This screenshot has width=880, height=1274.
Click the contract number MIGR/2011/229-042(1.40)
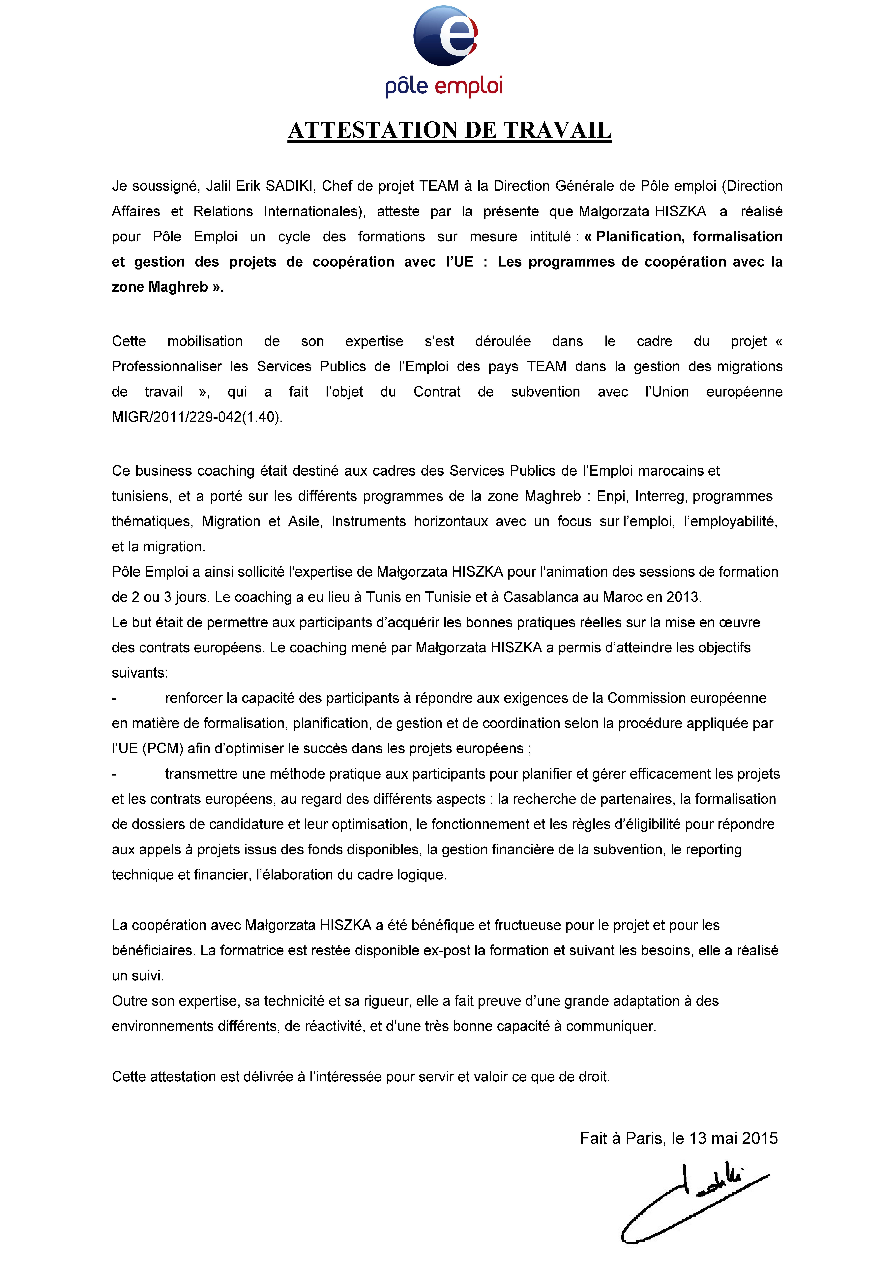coord(197,417)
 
